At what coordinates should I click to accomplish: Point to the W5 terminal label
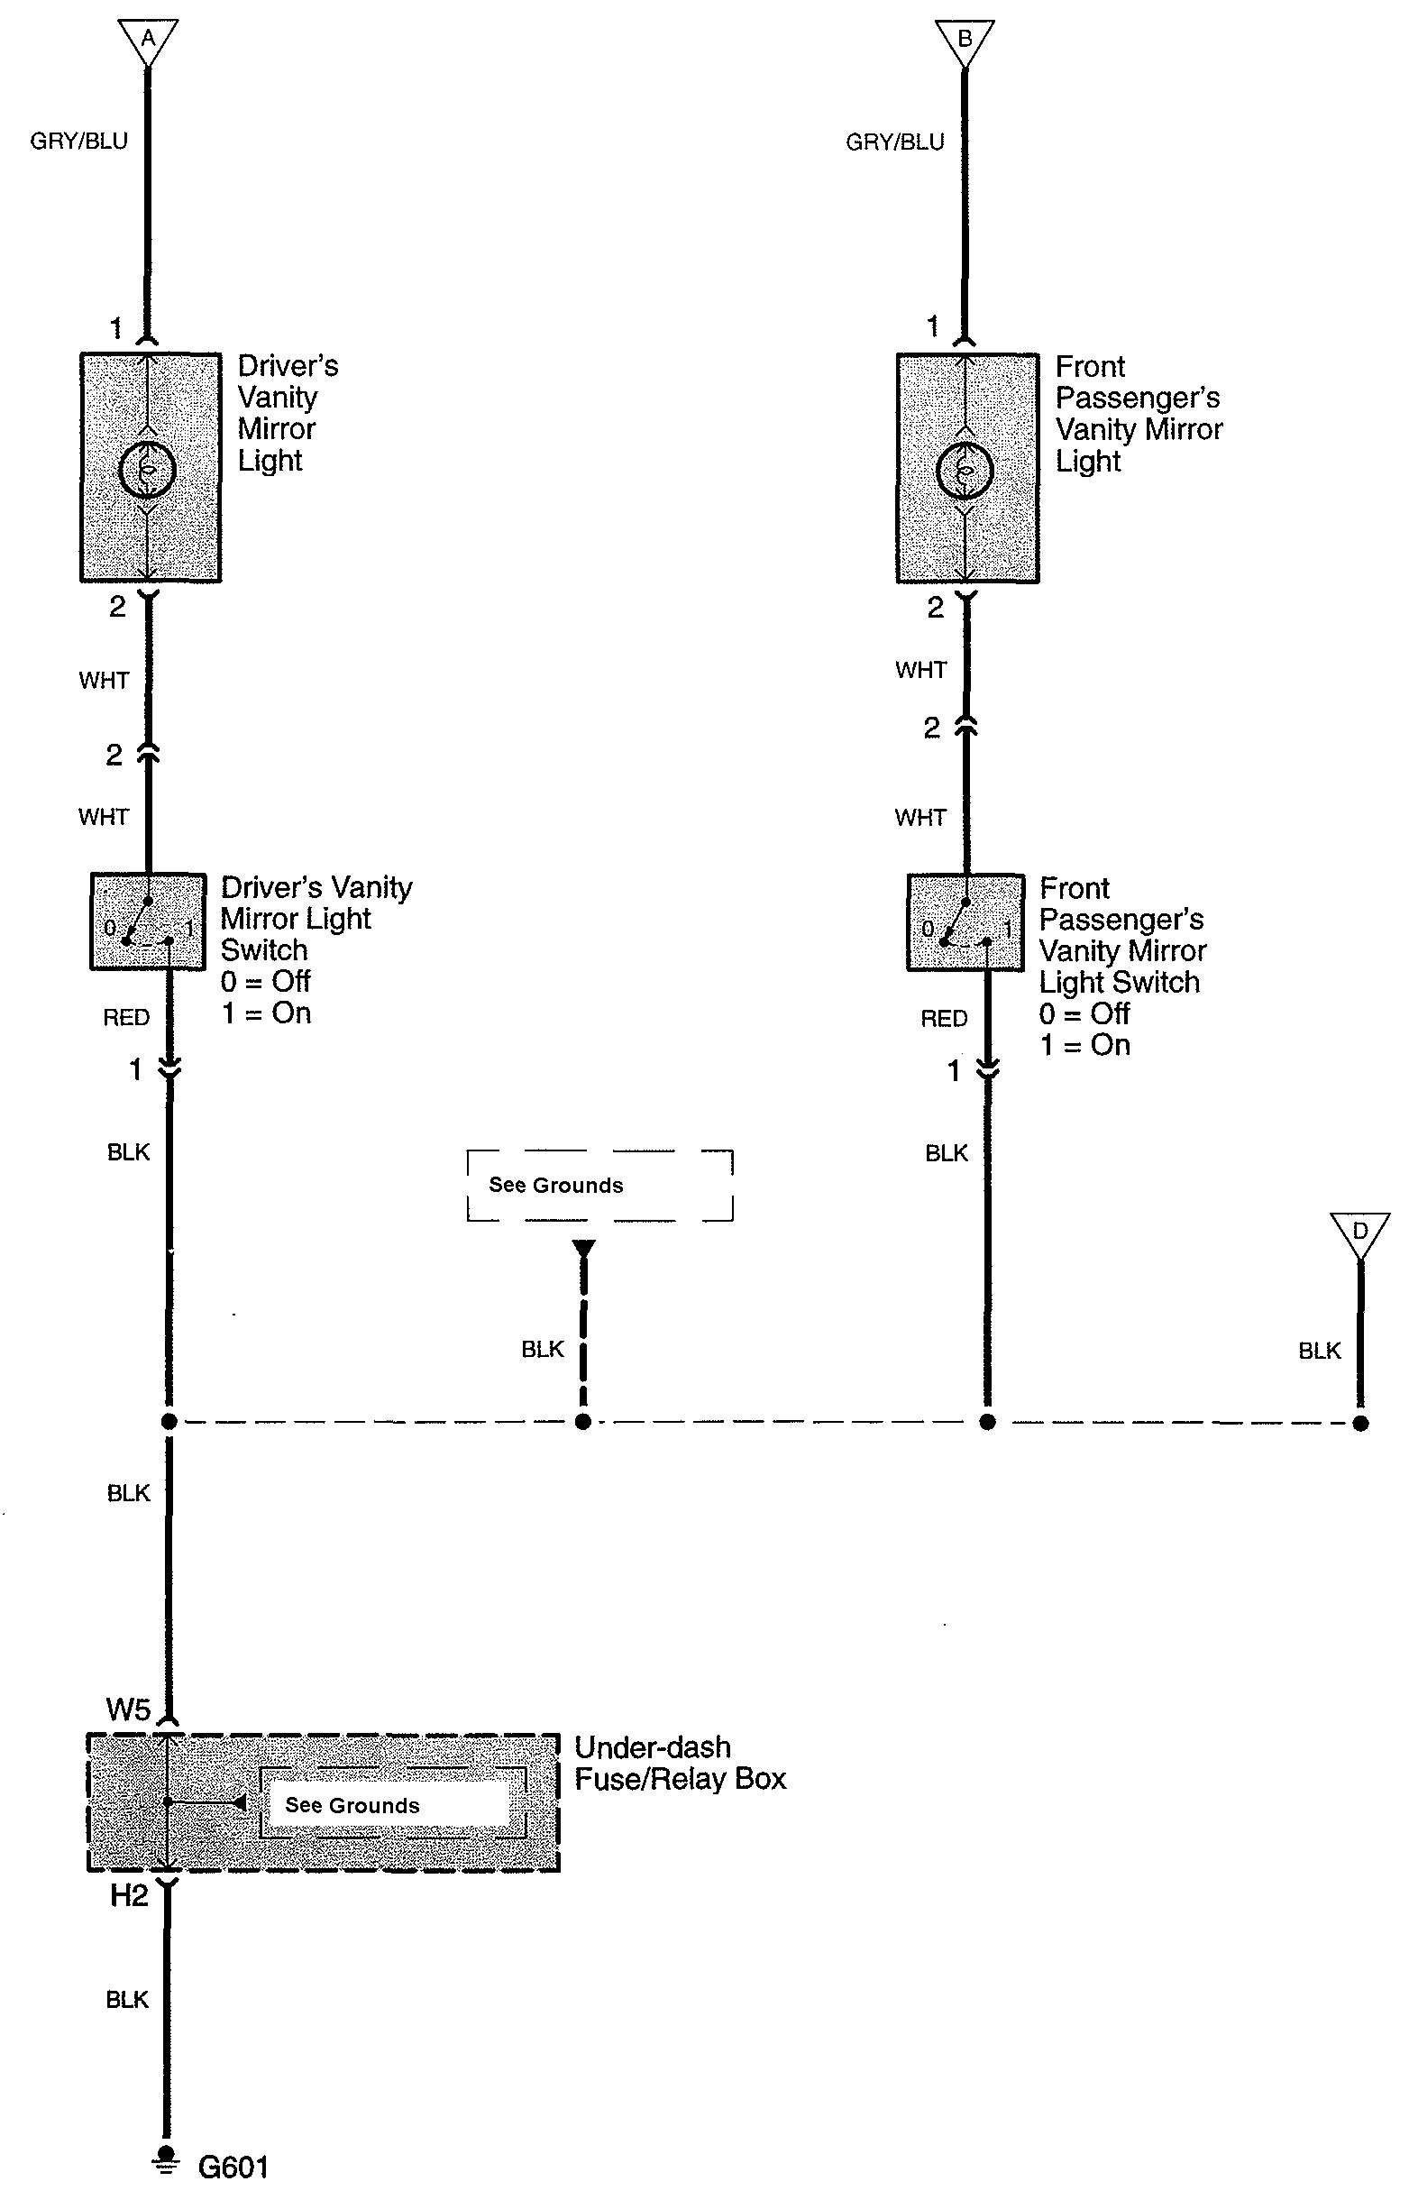[127, 1708]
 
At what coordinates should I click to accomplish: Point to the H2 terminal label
[128, 1895]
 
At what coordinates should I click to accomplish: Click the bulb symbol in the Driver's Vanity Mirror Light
[147, 471]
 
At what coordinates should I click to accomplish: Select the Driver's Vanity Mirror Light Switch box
[147, 921]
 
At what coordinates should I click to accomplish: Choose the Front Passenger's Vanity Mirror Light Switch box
[965, 922]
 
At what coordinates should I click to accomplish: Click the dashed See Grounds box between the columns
[599, 1185]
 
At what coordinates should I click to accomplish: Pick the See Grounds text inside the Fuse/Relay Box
[352, 1805]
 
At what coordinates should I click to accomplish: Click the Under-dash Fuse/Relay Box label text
[680, 1764]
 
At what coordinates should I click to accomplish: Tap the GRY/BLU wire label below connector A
[79, 141]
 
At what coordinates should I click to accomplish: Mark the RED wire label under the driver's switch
[125, 1017]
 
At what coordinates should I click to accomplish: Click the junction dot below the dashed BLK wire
[582, 1423]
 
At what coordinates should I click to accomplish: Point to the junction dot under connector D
[1360, 1424]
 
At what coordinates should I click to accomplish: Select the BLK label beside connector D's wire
[1319, 1350]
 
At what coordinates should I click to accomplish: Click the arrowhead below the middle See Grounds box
[583, 1250]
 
